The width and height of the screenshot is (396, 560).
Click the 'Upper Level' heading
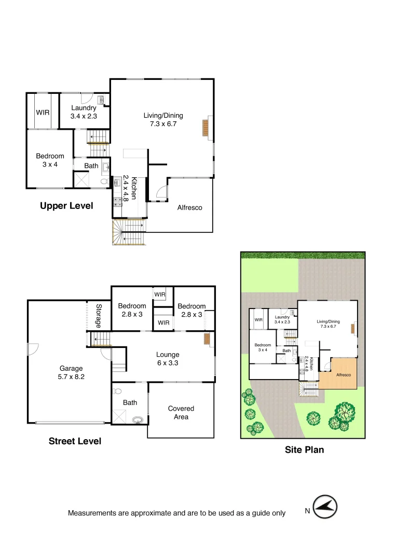coord(66,206)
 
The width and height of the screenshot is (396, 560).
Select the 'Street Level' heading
coord(75,441)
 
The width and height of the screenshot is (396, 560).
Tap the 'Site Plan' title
coord(304,450)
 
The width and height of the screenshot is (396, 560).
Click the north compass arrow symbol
coord(325,507)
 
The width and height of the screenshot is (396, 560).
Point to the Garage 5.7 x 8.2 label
coord(71,373)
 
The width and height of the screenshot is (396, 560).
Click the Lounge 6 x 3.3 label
coord(168,359)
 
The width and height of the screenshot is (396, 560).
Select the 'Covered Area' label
coord(181,413)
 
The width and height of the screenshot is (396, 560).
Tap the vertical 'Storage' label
coord(99,315)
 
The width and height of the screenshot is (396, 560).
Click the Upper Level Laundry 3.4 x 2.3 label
coord(84,112)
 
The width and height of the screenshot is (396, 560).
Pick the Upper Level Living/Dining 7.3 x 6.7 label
coord(163,120)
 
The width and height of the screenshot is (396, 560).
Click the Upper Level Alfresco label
coord(189,207)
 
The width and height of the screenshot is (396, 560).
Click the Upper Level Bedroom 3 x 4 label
coord(50,160)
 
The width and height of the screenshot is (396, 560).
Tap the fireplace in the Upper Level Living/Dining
coord(206,128)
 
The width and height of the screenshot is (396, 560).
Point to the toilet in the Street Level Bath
coord(117,392)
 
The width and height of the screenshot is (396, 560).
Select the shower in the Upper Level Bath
coord(81,180)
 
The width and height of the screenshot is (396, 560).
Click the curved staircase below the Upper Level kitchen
coord(127,232)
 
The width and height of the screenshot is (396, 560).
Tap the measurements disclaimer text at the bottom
coord(176,513)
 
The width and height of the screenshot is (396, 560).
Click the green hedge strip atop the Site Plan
coord(303,255)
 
